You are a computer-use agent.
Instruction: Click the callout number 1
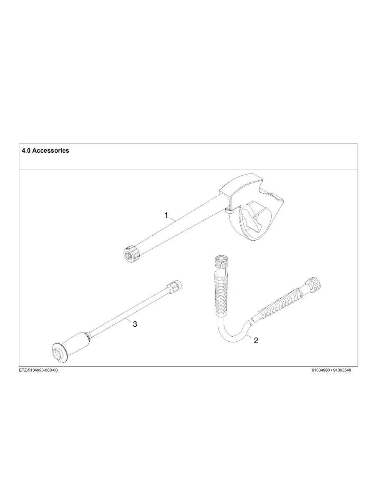[x=166, y=215]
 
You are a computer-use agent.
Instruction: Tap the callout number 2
[x=256, y=340]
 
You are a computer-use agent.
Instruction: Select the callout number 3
[x=135, y=324]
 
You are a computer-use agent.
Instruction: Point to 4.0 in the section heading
[x=26, y=151]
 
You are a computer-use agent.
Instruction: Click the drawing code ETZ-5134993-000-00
[x=38, y=370]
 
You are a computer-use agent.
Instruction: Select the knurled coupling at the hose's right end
[x=313, y=285]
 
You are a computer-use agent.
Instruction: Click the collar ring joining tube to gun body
[x=229, y=212]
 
